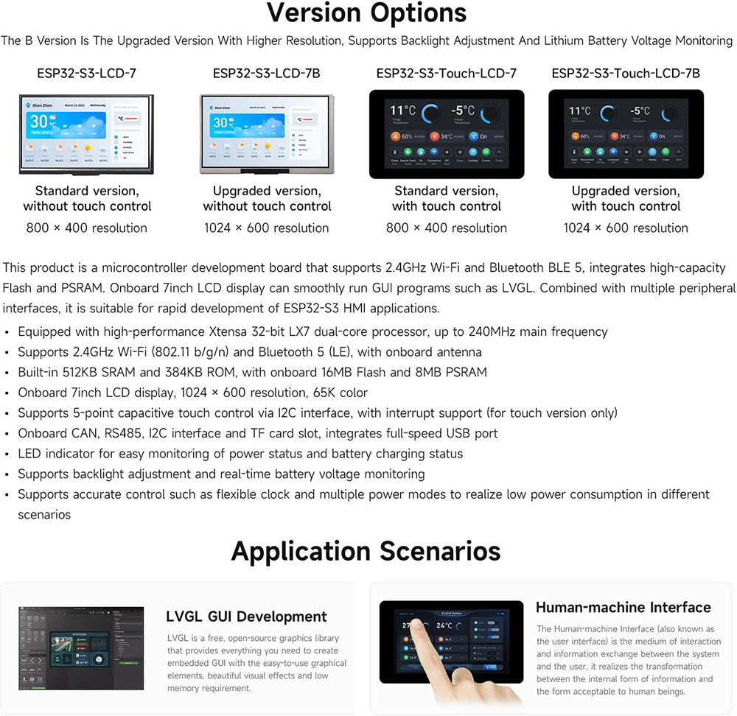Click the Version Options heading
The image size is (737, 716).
point(366,13)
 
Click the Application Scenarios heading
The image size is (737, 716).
point(366,551)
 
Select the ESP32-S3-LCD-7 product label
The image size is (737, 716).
point(86,73)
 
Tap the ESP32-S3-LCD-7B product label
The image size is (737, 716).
point(266,73)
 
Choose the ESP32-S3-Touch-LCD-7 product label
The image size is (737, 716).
point(446,73)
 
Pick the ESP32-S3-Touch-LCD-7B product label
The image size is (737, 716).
point(626,73)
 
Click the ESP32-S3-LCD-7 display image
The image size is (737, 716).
point(86,134)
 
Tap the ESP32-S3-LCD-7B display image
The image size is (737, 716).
point(266,134)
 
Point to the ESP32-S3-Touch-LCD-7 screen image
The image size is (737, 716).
point(446,134)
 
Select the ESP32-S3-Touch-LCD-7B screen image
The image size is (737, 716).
point(626,134)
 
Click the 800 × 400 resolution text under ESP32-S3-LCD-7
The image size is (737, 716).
point(86,228)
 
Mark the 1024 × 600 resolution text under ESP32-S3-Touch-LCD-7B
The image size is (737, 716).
point(626,228)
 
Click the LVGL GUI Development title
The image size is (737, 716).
point(246,617)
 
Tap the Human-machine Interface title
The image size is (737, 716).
point(623,608)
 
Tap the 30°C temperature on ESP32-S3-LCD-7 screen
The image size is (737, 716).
point(38,121)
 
